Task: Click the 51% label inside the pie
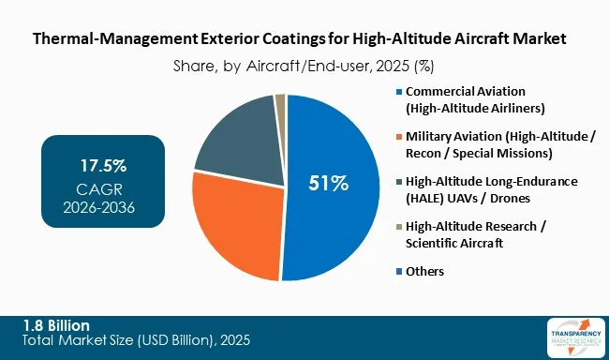pyautogui.click(x=329, y=184)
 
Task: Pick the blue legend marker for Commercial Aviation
pyautogui.click(x=399, y=92)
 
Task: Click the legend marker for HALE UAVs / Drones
pyautogui.click(x=399, y=181)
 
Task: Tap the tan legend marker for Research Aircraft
pyautogui.click(x=399, y=226)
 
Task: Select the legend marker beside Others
pyautogui.click(x=399, y=271)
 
